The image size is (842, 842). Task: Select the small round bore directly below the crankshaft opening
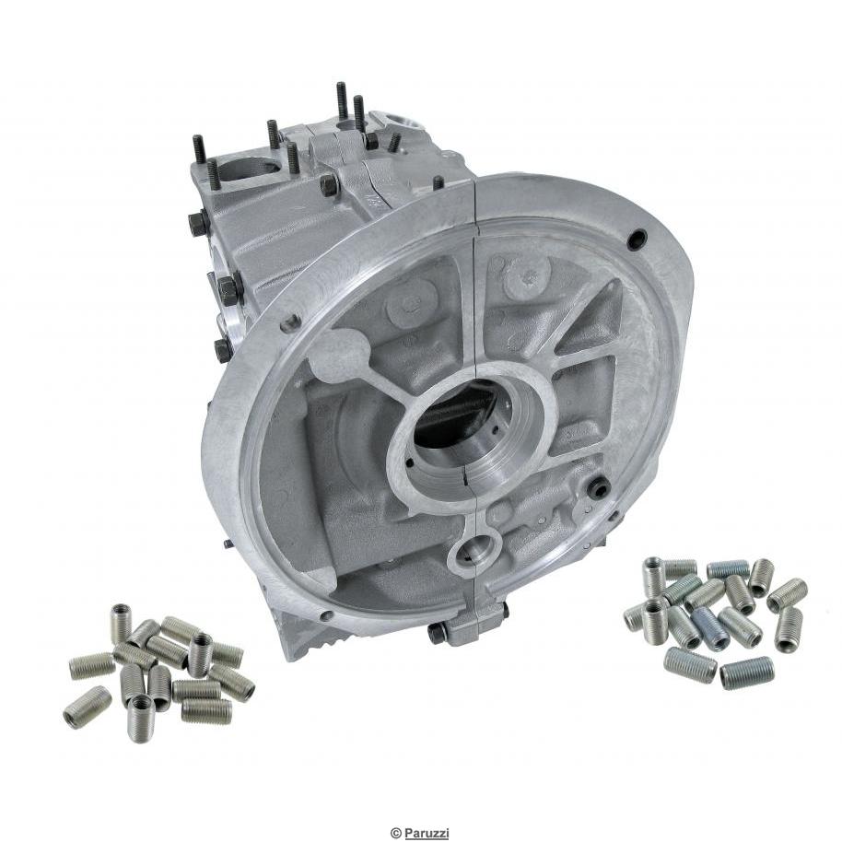[x=474, y=553]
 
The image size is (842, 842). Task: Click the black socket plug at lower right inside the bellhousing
[x=600, y=489]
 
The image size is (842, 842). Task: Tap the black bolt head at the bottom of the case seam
[x=438, y=634]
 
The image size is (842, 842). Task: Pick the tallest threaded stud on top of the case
[x=342, y=101]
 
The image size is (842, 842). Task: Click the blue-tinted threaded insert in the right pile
[x=709, y=628]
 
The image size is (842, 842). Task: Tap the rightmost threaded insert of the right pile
[x=789, y=630]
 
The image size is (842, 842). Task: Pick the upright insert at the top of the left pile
[x=121, y=623]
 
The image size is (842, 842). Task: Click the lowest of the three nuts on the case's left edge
[x=222, y=349]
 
